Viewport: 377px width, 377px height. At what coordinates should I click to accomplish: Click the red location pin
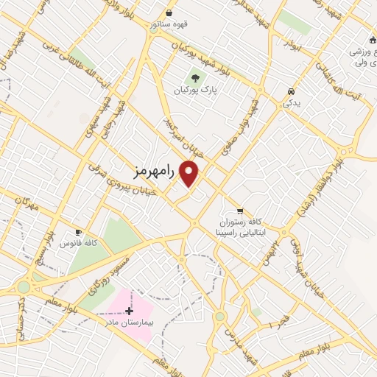pos(190,173)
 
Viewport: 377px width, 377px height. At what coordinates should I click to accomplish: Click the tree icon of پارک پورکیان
pos(195,77)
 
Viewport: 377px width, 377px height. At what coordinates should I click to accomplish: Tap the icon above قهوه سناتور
pos(169,12)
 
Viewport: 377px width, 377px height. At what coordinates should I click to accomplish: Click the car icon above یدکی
pos(292,91)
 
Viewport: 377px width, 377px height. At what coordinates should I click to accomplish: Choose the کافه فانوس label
pos(81,242)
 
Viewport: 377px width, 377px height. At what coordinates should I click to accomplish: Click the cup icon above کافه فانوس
pos(79,231)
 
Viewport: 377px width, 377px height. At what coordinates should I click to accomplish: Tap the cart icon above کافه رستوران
pos(240,209)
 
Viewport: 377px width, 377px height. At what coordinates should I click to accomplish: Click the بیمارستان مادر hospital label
pos(130,323)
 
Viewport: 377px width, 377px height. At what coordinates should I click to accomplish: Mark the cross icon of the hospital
pos(130,311)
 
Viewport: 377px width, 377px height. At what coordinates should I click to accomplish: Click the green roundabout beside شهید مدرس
pos(219,317)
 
